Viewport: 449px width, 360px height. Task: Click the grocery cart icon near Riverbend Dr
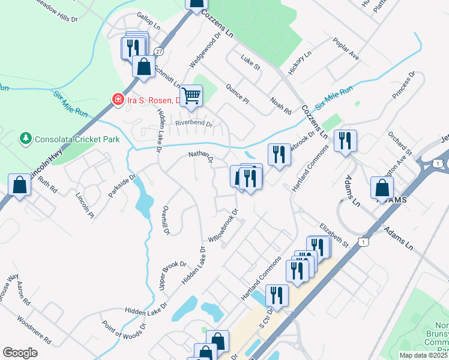click(191, 95)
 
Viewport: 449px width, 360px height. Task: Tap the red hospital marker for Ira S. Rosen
click(118, 99)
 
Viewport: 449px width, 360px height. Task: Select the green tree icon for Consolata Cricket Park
click(25, 139)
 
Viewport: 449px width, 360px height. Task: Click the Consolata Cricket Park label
click(77, 140)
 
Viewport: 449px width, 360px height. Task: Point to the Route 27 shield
click(158, 52)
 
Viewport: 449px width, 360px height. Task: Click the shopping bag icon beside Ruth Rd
click(19, 185)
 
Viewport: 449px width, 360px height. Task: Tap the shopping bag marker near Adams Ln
click(382, 188)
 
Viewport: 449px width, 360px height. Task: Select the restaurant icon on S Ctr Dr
click(276, 295)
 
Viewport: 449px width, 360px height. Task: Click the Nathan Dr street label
click(201, 158)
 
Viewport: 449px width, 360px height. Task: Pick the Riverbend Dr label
click(194, 124)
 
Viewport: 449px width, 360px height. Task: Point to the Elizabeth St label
click(334, 236)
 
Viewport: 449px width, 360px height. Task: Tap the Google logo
click(20, 353)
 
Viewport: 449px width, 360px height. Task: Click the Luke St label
click(250, 62)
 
